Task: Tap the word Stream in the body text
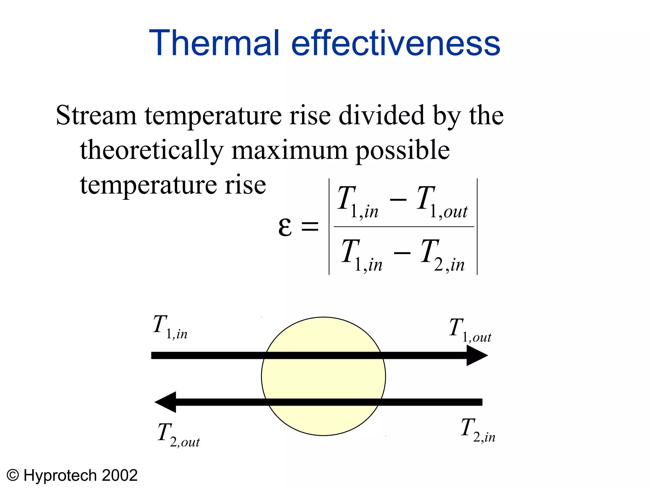[x=96, y=115]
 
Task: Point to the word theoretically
[x=152, y=150]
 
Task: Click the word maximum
[x=289, y=150]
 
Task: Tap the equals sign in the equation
[x=310, y=227]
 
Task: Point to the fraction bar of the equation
[x=404, y=227]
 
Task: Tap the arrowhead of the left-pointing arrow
[x=166, y=402]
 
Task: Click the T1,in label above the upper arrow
[x=170, y=327]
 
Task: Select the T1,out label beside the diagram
[x=470, y=330]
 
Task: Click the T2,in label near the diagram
[x=478, y=430]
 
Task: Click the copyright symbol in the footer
[x=13, y=475]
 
